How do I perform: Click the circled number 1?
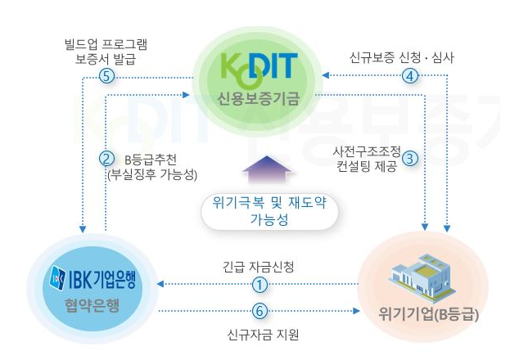click(x=259, y=284)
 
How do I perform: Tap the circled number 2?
click(x=106, y=159)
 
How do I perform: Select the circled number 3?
click(x=410, y=159)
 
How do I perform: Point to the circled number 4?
click(x=410, y=76)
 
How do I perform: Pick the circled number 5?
click(x=106, y=77)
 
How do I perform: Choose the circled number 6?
click(x=259, y=311)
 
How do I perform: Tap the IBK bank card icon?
click(x=57, y=278)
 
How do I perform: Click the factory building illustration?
click(x=422, y=279)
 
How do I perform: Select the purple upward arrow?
click(x=267, y=169)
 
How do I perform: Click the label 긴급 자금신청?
click(x=258, y=267)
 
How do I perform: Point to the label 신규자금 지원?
click(x=263, y=335)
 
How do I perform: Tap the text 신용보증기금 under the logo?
click(x=258, y=98)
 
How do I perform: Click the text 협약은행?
click(x=92, y=305)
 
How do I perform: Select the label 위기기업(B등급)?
click(x=429, y=314)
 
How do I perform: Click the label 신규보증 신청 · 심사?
click(x=401, y=57)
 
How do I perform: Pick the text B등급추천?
click(x=151, y=160)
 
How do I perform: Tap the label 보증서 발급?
click(x=106, y=59)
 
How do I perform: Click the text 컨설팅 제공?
click(x=367, y=166)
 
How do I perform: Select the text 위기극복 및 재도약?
click(x=269, y=202)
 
